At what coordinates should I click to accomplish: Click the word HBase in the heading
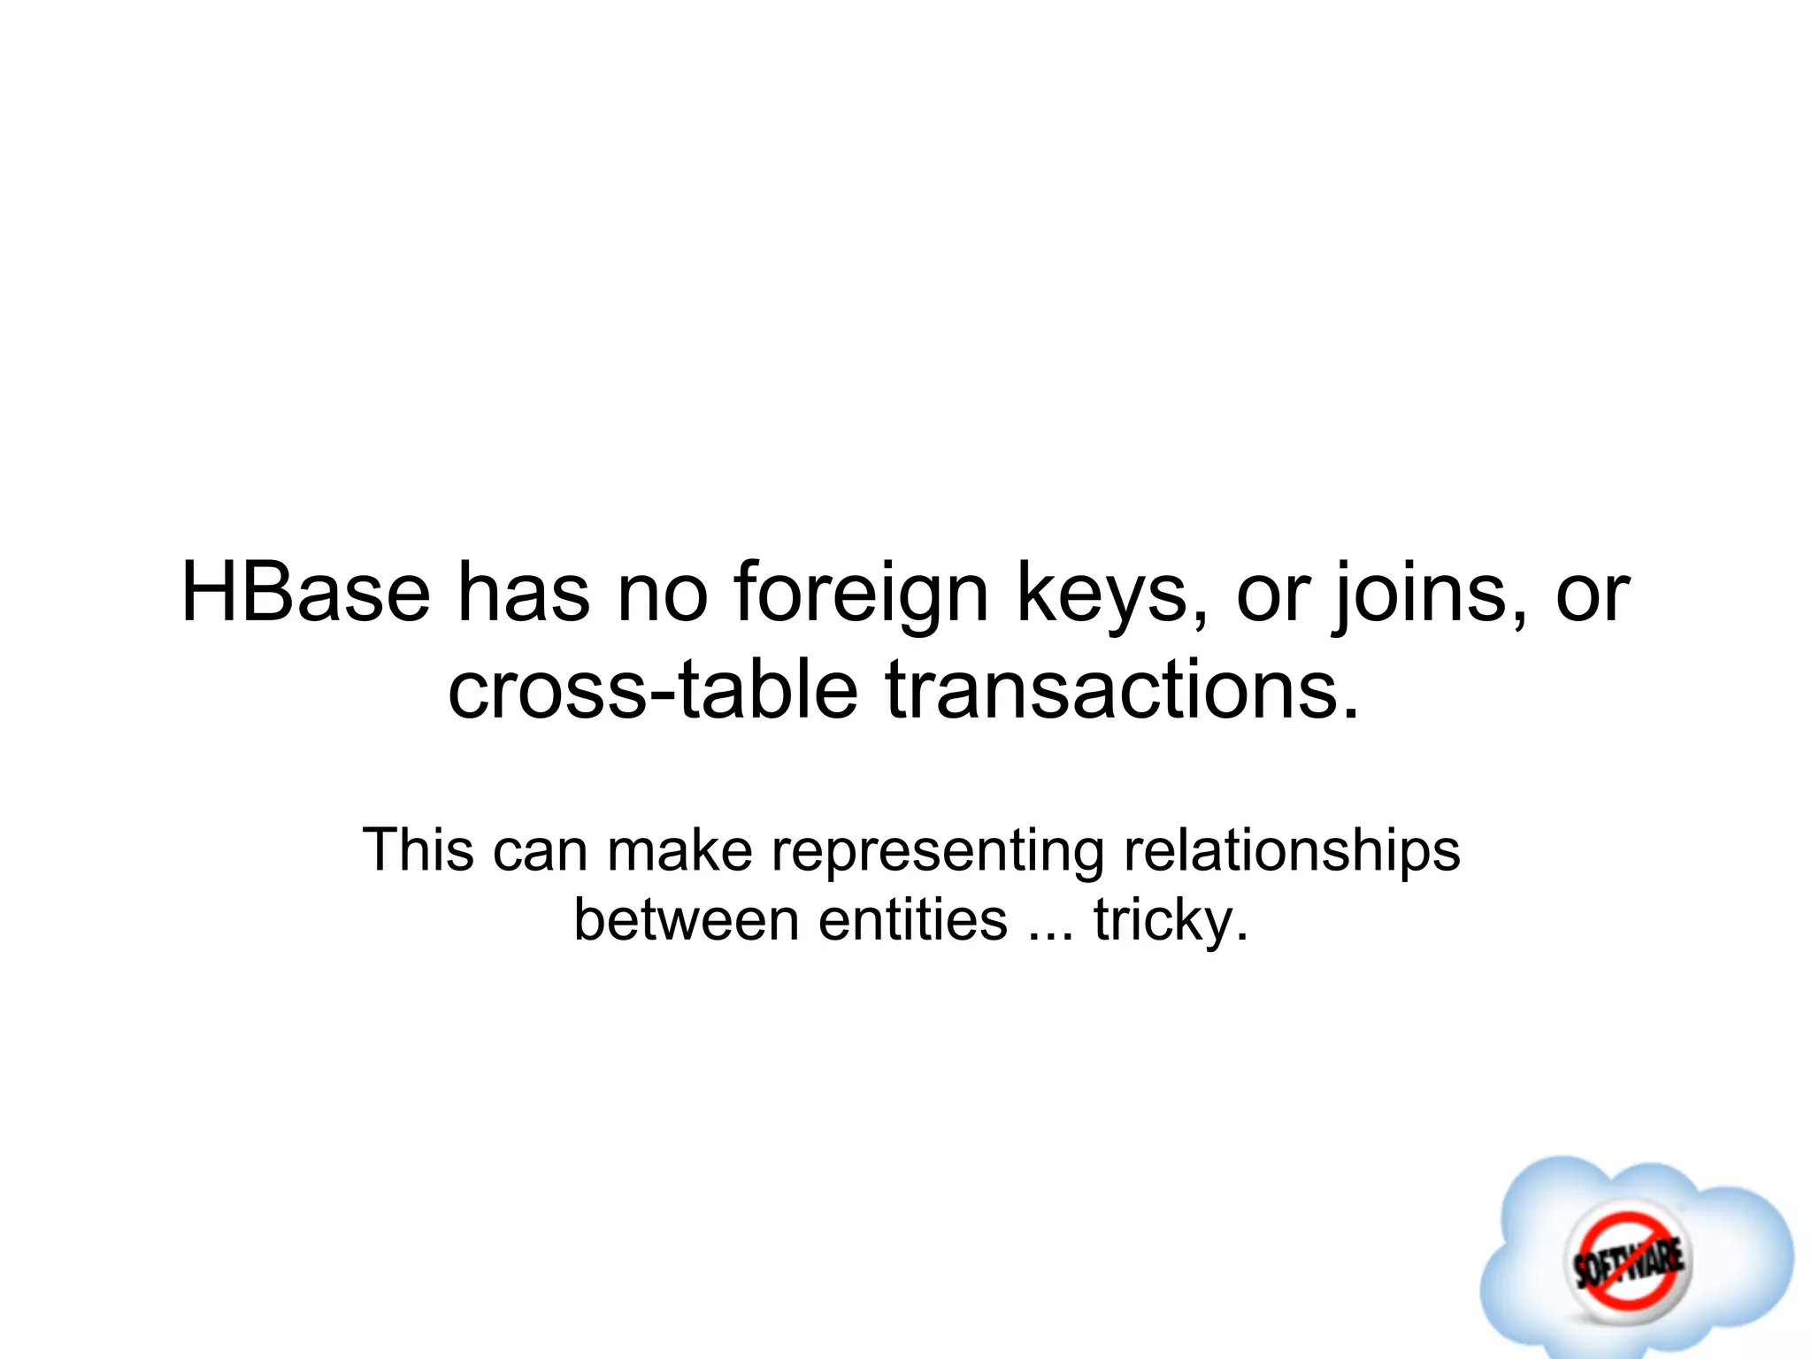(305, 593)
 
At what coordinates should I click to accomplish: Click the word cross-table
(653, 690)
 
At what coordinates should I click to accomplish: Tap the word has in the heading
(523, 593)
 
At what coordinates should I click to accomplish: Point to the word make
(679, 850)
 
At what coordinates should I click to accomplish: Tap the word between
(686, 920)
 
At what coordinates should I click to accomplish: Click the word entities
(912, 920)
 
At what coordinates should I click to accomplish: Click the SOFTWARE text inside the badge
(1628, 1262)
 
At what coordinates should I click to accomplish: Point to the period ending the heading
(1349, 712)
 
